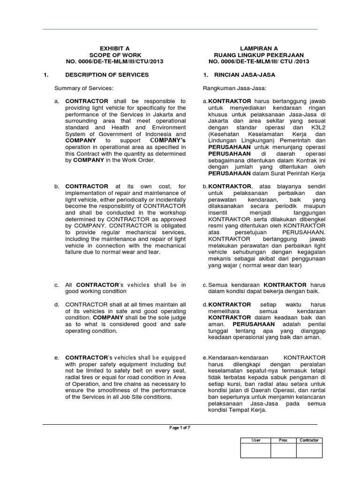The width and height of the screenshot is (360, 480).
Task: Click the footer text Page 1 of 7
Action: point(180,428)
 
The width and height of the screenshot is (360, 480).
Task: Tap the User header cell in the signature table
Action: point(256,440)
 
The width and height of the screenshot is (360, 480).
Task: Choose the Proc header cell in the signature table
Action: point(283,440)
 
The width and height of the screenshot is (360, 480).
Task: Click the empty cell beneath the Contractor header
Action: point(309,450)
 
